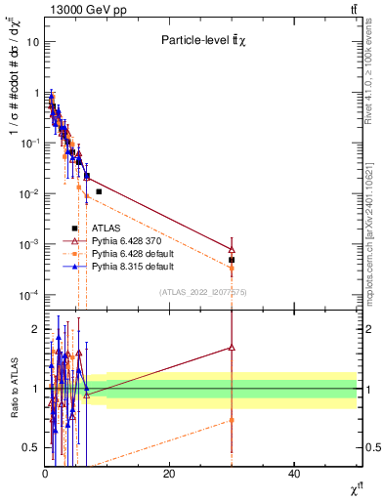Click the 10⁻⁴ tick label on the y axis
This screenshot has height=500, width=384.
coord(27,295)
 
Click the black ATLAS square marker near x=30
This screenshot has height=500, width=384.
coord(232,260)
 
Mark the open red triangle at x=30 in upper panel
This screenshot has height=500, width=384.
coord(232,249)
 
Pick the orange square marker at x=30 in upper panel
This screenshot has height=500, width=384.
coord(232,267)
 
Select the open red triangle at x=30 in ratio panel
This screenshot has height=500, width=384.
coord(232,347)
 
